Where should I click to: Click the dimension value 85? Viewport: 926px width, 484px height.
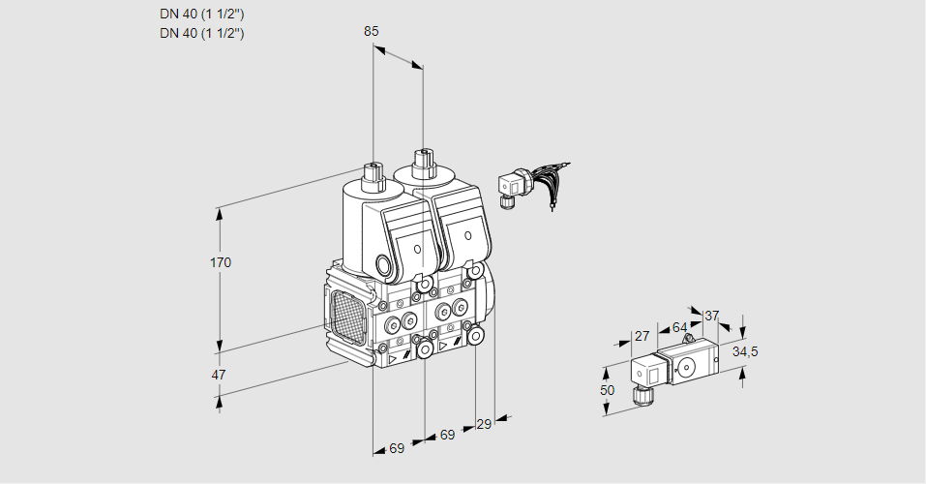pyautogui.click(x=372, y=31)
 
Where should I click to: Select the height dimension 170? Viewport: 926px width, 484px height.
pyautogui.click(x=222, y=262)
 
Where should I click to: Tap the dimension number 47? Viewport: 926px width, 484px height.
pyautogui.click(x=219, y=375)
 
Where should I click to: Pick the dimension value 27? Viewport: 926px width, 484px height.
pyautogui.click(x=641, y=336)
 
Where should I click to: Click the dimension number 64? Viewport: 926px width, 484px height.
pyautogui.click(x=679, y=327)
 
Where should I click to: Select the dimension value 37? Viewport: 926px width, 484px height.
pyautogui.click(x=712, y=316)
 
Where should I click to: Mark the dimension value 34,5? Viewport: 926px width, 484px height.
pyautogui.click(x=744, y=351)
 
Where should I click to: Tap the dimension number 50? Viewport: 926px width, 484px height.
pyautogui.click(x=607, y=390)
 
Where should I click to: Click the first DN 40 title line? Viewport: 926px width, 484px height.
pyautogui.click(x=201, y=14)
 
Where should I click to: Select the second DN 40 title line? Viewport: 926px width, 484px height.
pyautogui.click(x=201, y=33)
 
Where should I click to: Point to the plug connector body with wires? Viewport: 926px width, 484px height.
pyautogui.click(x=510, y=184)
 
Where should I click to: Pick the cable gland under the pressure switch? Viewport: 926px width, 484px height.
pyautogui.click(x=640, y=395)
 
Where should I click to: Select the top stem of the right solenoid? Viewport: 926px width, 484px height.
pyautogui.click(x=422, y=161)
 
